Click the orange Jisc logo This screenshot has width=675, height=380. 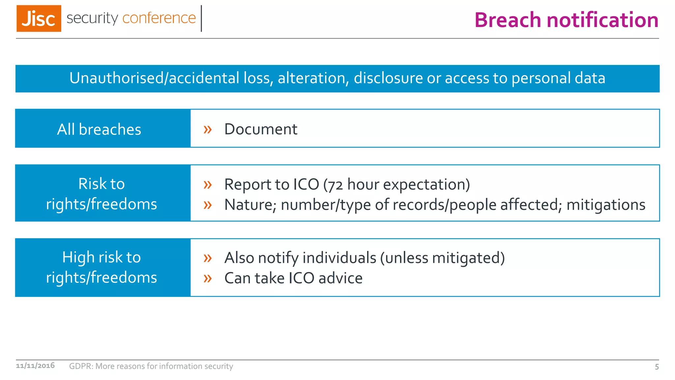tap(39, 18)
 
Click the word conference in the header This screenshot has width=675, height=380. tap(159, 18)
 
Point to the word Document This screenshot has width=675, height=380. tap(260, 129)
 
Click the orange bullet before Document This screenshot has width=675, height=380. tap(207, 129)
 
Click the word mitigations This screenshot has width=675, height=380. tap(605, 205)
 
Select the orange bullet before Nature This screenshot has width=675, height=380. tap(207, 205)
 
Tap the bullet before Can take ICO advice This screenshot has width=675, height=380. tap(207, 278)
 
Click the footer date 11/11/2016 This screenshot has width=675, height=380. tap(35, 365)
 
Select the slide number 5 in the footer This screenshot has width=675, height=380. tap(657, 367)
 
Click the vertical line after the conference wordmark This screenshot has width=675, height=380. tap(201, 18)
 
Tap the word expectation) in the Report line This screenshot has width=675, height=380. tap(426, 185)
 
